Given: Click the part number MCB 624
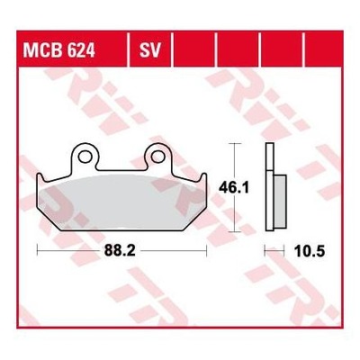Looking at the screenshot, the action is coord(59,50).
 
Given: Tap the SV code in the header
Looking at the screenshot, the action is coord(150,50).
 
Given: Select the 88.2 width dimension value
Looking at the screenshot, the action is coord(120,251).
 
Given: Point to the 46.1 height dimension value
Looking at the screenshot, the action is coord(234,188).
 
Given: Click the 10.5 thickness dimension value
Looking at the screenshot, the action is coord(310,251).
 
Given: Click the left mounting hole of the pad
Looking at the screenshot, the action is coord(85,157).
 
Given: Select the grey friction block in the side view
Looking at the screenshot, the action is coord(280,201).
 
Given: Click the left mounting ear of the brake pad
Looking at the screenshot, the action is coord(85,157).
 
